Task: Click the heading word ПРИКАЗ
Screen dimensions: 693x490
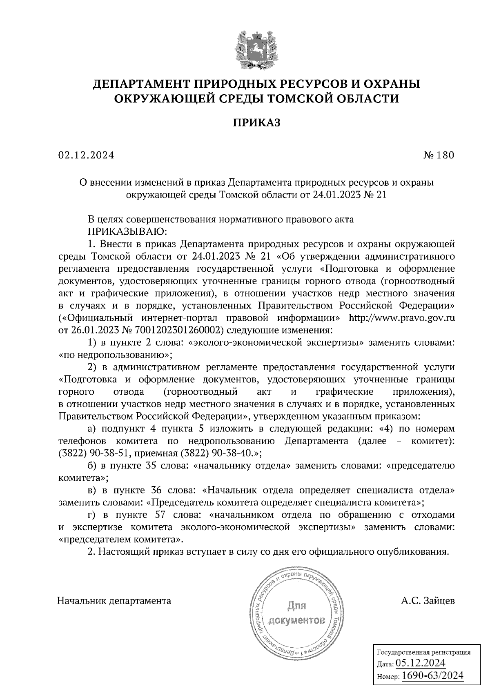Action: (256, 122)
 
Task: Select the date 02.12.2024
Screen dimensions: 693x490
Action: (86, 155)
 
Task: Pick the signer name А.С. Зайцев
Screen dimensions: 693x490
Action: (428, 601)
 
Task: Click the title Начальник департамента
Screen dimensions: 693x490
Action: (114, 601)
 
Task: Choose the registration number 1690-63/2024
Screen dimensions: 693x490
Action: (432, 675)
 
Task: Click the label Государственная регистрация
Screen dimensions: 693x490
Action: (423, 652)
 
